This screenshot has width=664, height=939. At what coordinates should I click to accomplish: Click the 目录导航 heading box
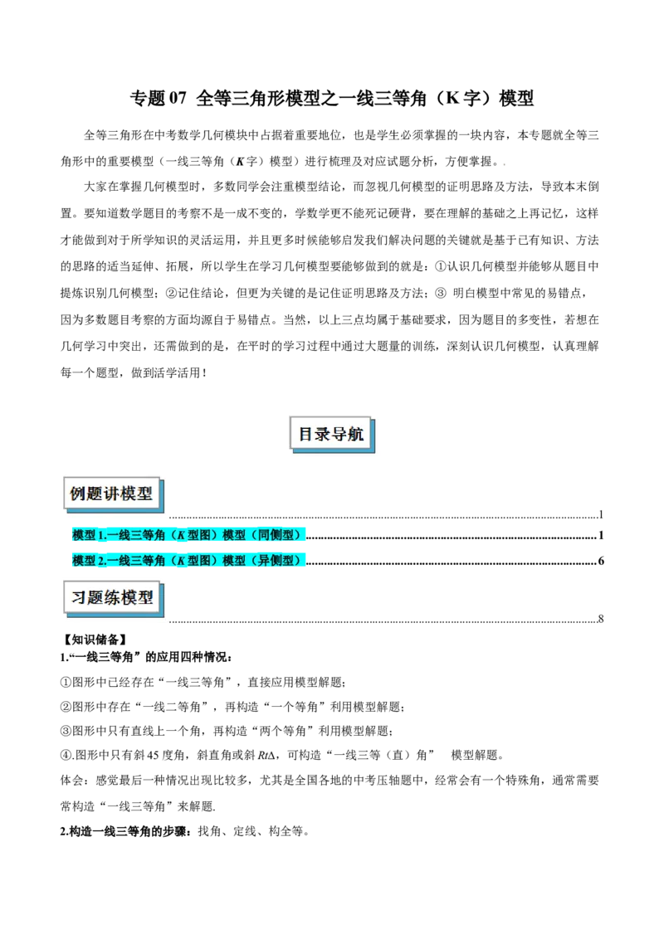331,434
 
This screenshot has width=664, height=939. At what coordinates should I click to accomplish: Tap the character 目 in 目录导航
306,434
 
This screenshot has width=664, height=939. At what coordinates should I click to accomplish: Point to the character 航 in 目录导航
356,434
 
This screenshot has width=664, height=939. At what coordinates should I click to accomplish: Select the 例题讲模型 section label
111,494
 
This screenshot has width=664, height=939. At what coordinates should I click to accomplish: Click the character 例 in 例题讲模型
78,494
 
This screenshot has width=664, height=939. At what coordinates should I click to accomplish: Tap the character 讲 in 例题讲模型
111,494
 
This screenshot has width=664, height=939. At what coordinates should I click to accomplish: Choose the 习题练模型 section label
111,597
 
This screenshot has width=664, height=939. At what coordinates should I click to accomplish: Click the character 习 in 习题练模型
78,597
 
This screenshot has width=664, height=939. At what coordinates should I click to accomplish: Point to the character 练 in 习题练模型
111,597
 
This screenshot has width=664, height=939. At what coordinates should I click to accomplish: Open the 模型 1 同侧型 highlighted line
188,535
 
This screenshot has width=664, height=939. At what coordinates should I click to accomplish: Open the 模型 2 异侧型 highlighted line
188,561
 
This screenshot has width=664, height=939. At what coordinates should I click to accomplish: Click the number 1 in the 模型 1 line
100,535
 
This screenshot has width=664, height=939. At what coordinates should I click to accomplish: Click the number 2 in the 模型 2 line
100,561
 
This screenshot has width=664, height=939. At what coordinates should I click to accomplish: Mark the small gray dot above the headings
501,163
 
